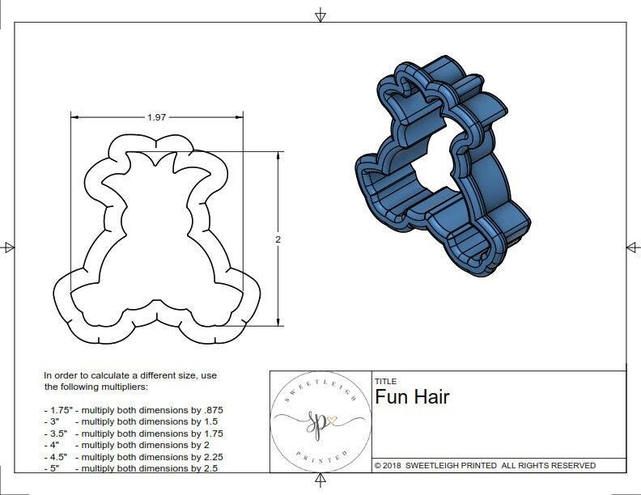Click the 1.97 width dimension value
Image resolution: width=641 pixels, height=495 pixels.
click(156, 117)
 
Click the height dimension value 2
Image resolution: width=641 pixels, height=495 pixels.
click(278, 239)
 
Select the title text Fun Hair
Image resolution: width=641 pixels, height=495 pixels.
click(411, 397)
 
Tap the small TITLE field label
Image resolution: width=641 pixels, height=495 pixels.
click(385, 382)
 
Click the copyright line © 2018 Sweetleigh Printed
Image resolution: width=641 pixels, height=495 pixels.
click(485, 465)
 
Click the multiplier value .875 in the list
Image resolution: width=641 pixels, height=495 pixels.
click(211, 410)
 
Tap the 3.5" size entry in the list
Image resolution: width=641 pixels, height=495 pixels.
click(56, 434)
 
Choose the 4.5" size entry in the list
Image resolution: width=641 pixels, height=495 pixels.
click(56, 456)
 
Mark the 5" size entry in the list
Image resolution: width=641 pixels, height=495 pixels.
click(53, 468)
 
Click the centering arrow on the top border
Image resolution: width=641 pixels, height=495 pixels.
click(320, 15)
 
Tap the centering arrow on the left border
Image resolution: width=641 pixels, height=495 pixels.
click(9, 247)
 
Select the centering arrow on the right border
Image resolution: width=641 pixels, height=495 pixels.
click(632, 247)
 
